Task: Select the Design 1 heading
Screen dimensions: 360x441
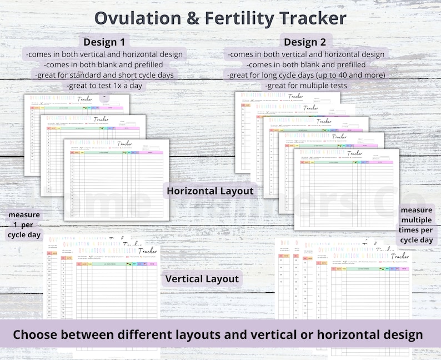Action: click(x=107, y=42)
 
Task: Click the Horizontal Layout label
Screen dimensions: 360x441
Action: click(x=210, y=191)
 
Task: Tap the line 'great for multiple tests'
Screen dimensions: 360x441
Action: click(x=307, y=86)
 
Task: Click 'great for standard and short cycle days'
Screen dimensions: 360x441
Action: click(x=104, y=76)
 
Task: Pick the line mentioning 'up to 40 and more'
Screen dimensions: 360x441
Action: click(x=307, y=76)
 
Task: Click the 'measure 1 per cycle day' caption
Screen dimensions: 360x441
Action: click(x=24, y=224)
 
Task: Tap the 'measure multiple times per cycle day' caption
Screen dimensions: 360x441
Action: click(x=417, y=225)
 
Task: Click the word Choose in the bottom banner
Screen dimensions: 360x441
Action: click(x=41, y=335)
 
